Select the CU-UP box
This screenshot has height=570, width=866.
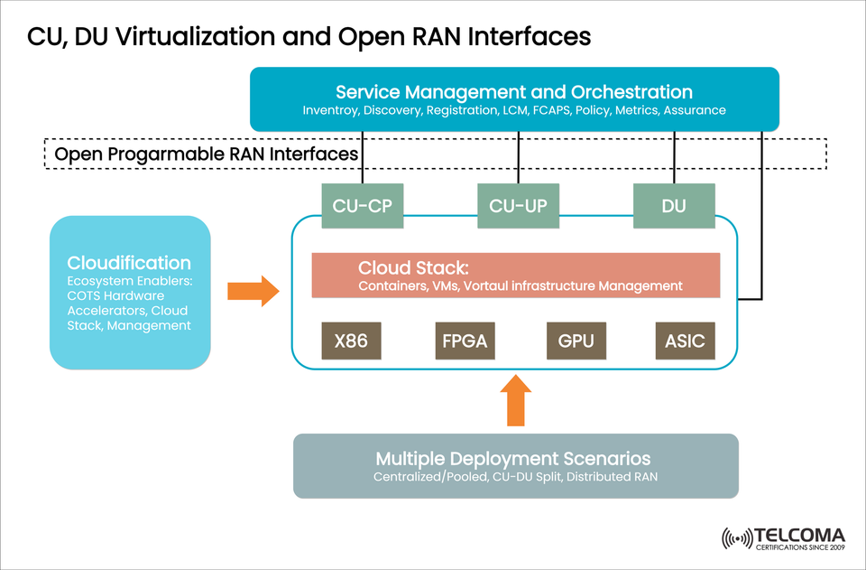tap(518, 205)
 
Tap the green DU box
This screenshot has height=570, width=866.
tap(674, 205)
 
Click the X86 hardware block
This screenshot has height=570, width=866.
tap(351, 342)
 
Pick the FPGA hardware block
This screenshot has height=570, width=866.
tap(465, 342)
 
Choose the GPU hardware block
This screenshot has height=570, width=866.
tap(576, 342)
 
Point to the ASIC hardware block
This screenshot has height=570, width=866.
tap(685, 342)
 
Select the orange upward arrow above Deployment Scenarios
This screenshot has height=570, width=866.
tap(515, 399)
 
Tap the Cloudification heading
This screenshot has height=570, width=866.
tap(129, 263)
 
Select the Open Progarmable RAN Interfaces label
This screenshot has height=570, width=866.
tap(207, 154)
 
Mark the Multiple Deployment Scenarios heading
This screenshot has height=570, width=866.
tap(513, 458)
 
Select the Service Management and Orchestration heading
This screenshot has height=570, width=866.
tap(514, 92)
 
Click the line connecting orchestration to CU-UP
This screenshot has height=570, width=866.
tap(518, 158)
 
